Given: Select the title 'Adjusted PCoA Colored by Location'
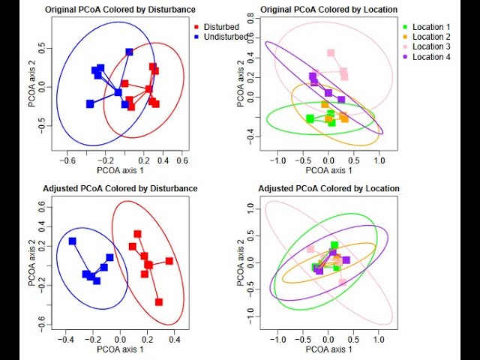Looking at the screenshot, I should (328, 188).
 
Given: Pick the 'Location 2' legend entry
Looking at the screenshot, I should (431, 37).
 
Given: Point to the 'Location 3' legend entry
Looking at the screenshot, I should (431, 47).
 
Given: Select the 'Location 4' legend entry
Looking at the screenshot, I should (431, 57).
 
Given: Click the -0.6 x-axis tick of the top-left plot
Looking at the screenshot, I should (68, 160).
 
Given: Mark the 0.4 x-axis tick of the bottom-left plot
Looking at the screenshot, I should (175, 340).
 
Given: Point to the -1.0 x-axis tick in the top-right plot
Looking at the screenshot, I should (278, 160).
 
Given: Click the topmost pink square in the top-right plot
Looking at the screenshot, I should (331, 53).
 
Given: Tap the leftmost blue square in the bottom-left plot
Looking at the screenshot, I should (72, 241).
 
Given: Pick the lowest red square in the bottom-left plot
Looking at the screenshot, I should (159, 302).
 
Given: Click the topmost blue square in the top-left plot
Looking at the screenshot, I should (129, 52).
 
